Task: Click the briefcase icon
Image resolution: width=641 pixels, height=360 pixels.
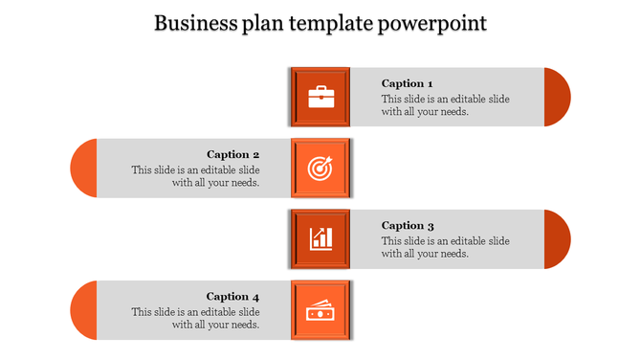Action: pos(320,97)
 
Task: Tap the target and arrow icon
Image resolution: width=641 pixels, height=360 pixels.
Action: pos(320,168)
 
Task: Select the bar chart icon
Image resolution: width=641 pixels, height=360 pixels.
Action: pos(320,238)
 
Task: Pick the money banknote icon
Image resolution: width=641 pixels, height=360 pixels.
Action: pos(320,310)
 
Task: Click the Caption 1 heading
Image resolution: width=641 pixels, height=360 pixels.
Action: pos(408,83)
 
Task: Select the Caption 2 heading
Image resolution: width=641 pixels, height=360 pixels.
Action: pos(233,154)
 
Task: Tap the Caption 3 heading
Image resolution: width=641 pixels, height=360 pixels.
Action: pos(408,226)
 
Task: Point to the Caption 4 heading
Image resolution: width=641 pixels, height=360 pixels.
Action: pos(233,297)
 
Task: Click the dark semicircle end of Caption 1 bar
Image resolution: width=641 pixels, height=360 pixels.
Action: pos(557,97)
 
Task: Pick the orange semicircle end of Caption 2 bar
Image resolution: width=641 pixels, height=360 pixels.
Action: pos(84,168)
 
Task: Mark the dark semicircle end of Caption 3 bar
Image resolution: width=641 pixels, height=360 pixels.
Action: pos(557,238)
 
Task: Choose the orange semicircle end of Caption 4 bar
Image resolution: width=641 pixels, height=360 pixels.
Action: pos(84,310)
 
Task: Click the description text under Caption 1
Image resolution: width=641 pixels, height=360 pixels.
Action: pos(445,105)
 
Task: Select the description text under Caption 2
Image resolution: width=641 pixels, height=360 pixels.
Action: pos(196,176)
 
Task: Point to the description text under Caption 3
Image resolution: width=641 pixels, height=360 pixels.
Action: pos(445,247)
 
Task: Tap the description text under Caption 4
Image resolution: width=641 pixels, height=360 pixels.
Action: pos(196,318)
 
